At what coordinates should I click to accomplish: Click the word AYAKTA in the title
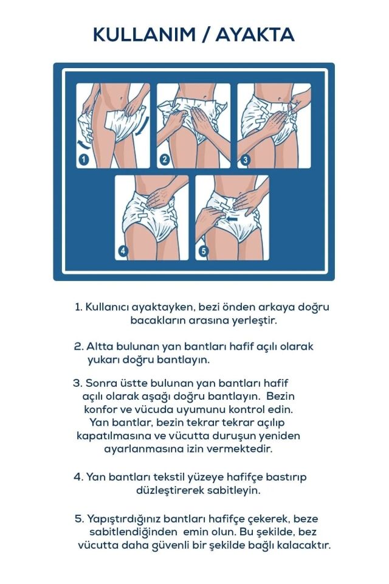pos(256,35)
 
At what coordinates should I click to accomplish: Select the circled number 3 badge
pos(245,160)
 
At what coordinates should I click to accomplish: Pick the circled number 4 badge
pos(124,252)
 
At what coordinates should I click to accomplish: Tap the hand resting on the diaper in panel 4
pos(159,196)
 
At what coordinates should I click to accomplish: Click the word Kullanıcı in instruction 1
pos(108,307)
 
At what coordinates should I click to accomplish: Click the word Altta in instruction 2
pos(100,346)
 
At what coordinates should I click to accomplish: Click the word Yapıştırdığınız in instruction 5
pos(122,519)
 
